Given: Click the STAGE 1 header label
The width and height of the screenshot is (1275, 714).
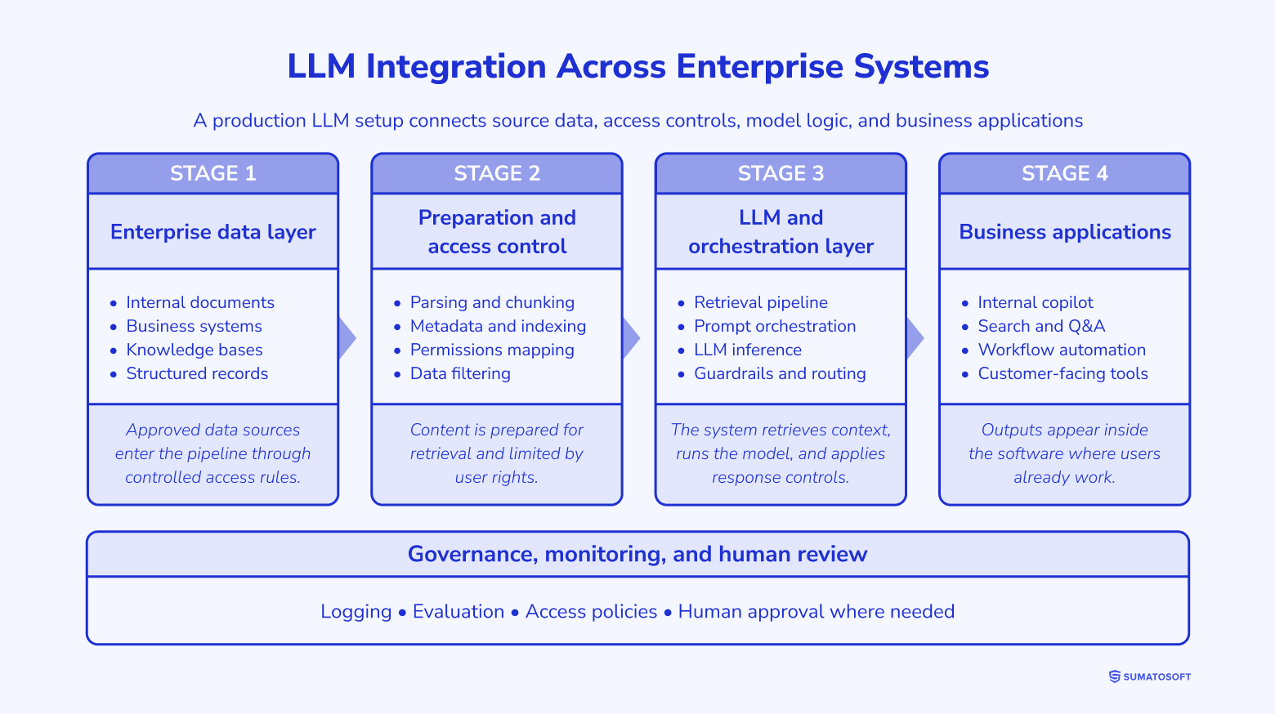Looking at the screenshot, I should (212, 173).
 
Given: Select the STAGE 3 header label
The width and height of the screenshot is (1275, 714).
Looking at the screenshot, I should (781, 173).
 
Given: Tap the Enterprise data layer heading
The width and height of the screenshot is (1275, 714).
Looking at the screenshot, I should (212, 232).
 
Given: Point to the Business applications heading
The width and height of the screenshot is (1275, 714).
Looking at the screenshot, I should (1064, 232).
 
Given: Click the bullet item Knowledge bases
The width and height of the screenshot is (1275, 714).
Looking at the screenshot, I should (194, 350).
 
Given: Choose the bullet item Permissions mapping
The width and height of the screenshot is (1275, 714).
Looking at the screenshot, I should (491, 350).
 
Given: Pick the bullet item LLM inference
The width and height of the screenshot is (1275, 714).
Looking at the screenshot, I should (747, 350).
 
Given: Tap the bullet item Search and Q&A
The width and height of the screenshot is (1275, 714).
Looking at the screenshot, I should (1040, 326).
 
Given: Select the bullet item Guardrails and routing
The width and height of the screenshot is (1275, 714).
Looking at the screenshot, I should (779, 373).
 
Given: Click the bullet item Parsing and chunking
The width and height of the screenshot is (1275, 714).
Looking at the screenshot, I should (491, 302).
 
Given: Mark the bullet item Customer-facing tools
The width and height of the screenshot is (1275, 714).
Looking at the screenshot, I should (1062, 373).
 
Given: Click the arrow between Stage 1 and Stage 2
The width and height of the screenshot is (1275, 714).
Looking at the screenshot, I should (347, 338).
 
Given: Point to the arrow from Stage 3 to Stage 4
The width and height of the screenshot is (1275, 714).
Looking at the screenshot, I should (915, 338).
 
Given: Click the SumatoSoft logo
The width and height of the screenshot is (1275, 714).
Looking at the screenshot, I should (1149, 676).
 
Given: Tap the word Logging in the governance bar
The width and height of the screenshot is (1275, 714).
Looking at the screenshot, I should (356, 612).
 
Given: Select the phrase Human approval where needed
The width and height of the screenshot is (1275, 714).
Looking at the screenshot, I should (816, 612).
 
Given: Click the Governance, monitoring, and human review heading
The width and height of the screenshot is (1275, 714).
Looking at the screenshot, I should (637, 555).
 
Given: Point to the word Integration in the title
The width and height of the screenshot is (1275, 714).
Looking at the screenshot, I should (456, 67).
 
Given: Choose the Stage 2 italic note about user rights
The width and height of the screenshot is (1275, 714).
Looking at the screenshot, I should (496, 453).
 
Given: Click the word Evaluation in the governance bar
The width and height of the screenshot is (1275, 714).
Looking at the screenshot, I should (458, 612).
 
